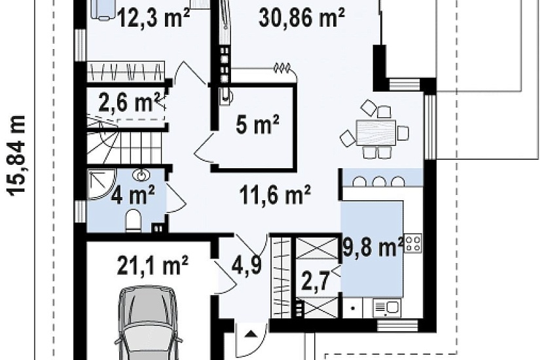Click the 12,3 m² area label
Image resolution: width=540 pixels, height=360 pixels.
tap(154, 18)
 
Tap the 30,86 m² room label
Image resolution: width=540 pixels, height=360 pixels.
tap(302, 18)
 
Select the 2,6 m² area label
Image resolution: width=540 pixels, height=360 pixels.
tap(129, 102)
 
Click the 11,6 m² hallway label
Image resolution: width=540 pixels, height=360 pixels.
tap(275, 195)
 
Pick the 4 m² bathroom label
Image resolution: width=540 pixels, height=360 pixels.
tap(133, 194)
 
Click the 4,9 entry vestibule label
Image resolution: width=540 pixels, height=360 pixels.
tap(247, 266)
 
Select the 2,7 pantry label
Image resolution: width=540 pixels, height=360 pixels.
tap(315, 280)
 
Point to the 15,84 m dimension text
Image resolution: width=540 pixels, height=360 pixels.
tap(16, 156)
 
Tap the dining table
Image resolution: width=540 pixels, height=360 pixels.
tap(376, 132)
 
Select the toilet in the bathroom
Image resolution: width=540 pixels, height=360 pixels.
tap(134, 221)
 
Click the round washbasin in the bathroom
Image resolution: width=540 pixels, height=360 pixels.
tap(141, 175)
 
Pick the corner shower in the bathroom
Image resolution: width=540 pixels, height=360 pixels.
tap(99, 185)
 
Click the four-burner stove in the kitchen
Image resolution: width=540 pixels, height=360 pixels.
tap(413, 243)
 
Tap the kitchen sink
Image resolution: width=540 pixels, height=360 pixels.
tap(387, 308)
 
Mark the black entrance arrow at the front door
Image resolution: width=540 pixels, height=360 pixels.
tap(251, 333)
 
